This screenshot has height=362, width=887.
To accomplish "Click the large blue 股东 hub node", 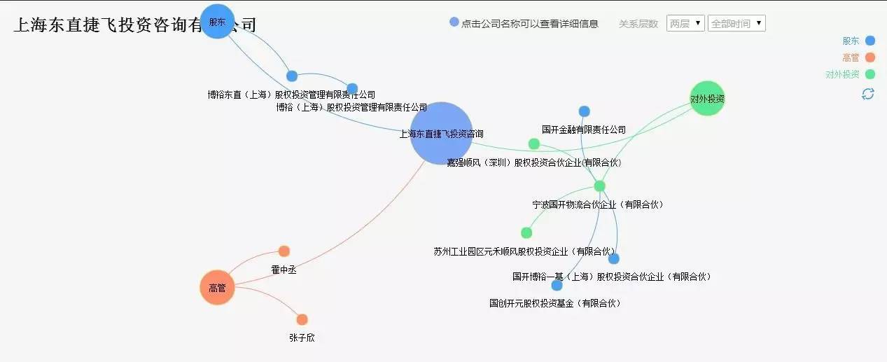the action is click(x=217, y=22).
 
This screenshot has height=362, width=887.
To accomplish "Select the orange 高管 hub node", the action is click(x=217, y=288).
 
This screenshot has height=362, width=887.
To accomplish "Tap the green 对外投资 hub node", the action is click(x=707, y=99).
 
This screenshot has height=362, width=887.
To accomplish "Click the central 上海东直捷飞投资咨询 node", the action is click(x=442, y=133).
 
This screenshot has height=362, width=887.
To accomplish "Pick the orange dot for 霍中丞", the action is click(x=284, y=251).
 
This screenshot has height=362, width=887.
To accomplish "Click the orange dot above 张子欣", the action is click(x=302, y=319).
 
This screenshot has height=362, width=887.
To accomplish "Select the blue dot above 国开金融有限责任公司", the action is click(x=585, y=111).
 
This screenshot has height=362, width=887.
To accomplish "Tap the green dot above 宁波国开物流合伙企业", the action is click(x=599, y=186).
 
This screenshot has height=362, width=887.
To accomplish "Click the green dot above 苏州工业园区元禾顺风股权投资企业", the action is click(x=526, y=232).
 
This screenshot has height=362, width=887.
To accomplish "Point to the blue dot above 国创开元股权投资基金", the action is click(x=557, y=285).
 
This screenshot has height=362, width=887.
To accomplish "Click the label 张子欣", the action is click(x=302, y=337).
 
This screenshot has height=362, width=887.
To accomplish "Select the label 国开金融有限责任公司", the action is click(x=584, y=130).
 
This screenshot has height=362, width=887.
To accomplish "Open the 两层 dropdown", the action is click(x=685, y=23).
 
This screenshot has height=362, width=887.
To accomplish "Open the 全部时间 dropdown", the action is click(x=736, y=23).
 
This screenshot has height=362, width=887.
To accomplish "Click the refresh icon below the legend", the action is click(x=868, y=94).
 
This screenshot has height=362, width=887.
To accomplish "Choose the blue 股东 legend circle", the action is click(x=870, y=41).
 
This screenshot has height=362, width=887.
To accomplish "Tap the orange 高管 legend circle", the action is click(x=870, y=57).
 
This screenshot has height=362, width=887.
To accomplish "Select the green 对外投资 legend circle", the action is click(x=870, y=74).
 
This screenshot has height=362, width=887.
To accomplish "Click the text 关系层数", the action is click(x=638, y=24).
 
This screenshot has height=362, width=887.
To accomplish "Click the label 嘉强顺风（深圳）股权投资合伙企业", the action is click(x=533, y=162).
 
